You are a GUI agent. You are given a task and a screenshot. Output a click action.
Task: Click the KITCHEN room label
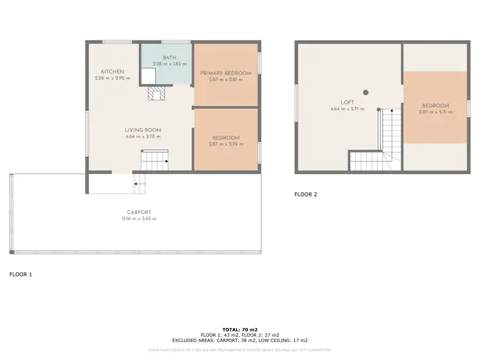(x=112, y=71)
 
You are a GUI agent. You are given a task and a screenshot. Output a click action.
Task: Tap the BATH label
(x=170, y=58)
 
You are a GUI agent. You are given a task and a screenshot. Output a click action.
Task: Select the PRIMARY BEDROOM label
(x=225, y=73)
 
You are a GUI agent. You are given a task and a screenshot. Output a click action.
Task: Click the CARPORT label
(x=139, y=212)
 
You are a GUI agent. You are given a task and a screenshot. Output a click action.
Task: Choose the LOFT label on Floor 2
(x=347, y=102)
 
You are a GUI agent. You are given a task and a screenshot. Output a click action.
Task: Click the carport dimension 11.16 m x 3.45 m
(x=139, y=218)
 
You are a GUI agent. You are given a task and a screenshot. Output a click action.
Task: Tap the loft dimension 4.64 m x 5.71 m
(x=347, y=109)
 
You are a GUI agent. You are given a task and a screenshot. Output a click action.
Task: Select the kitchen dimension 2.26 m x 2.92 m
(x=112, y=78)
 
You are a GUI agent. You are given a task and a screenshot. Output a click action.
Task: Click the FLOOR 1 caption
(x=20, y=274)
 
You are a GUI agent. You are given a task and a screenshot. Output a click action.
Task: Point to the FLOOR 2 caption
(x=305, y=194)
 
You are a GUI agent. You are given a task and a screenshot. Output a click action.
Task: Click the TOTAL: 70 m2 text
(x=239, y=328)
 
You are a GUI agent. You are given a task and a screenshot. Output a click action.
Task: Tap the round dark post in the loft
(x=365, y=92)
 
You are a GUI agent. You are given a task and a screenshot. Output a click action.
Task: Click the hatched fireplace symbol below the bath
(x=156, y=94)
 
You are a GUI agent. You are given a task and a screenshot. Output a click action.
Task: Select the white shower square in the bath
(x=148, y=76)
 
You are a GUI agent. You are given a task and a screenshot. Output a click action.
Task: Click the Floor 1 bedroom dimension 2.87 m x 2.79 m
(x=225, y=144)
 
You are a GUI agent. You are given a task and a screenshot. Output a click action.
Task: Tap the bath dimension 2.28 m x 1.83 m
(x=170, y=64)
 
